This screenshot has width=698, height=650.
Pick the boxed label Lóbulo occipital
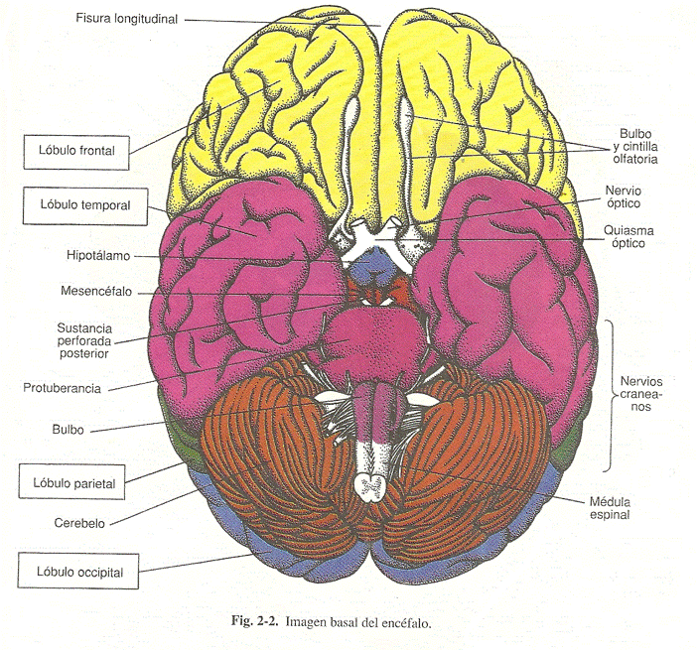pos(79,570)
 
